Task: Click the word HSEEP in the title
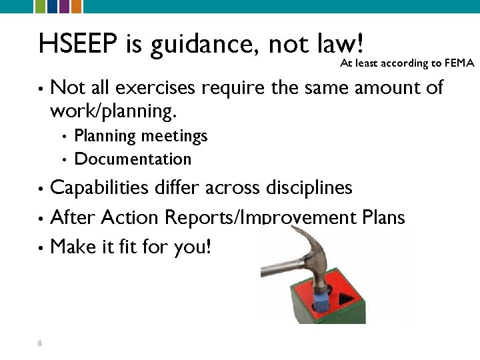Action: click(79, 44)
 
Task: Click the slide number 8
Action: click(40, 343)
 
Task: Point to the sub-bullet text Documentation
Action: click(133, 159)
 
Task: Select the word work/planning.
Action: click(113, 111)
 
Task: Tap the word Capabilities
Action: click(99, 188)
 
